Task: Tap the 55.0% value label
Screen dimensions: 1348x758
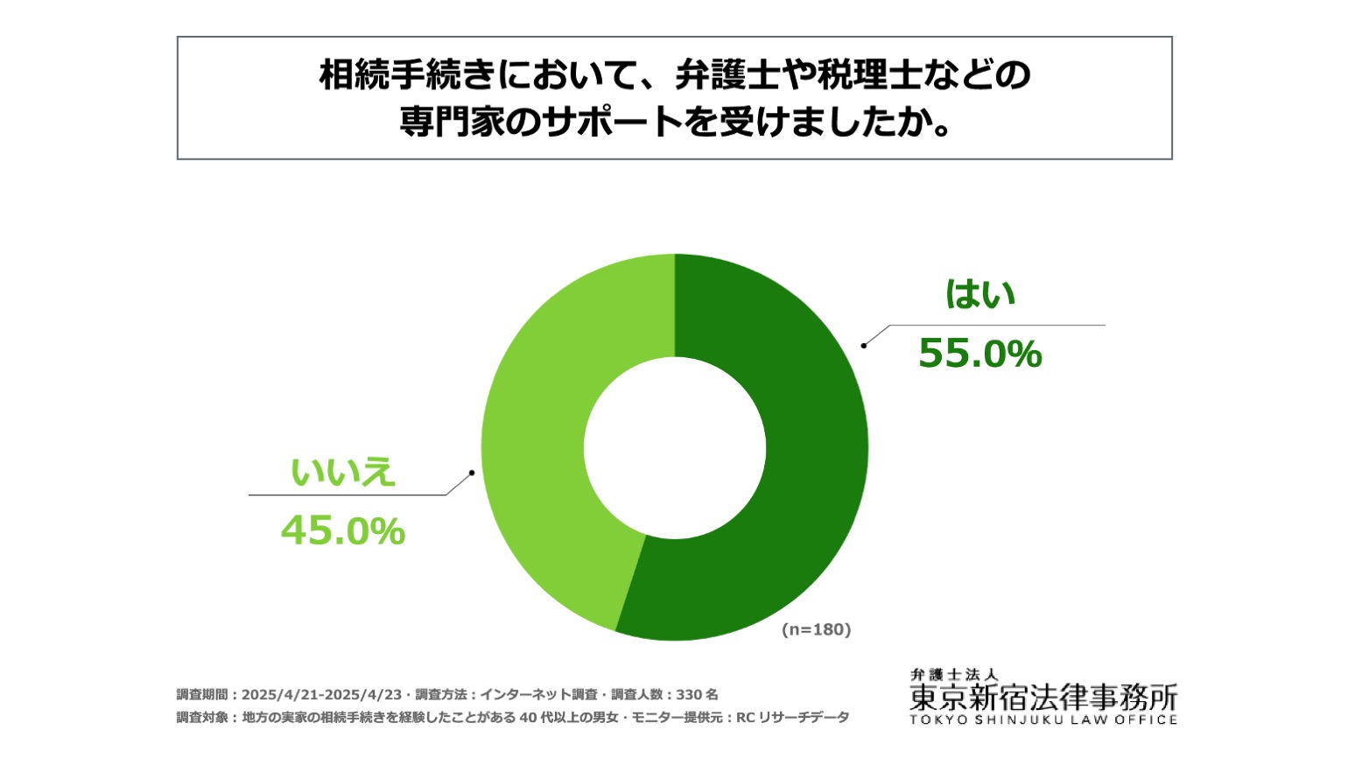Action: click(x=980, y=353)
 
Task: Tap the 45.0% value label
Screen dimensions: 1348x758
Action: click(x=343, y=530)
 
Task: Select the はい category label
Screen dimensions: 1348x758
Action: click(x=980, y=294)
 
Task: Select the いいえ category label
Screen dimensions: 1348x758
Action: click(x=343, y=472)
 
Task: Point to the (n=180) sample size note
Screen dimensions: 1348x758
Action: click(x=816, y=629)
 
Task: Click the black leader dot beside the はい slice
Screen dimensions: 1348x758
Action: click(x=864, y=346)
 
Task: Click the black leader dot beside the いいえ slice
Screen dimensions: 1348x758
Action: click(x=472, y=473)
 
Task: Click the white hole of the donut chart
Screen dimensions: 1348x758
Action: click(x=675, y=448)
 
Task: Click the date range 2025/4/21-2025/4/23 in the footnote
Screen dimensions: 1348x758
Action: click(x=321, y=695)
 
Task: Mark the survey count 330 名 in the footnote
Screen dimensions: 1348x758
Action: click(x=697, y=695)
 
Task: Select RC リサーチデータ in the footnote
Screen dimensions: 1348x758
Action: click(x=792, y=718)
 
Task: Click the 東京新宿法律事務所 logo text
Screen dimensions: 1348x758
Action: click(x=1043, y=698)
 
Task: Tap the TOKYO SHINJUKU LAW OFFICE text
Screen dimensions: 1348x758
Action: click(x=1043, y=720)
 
